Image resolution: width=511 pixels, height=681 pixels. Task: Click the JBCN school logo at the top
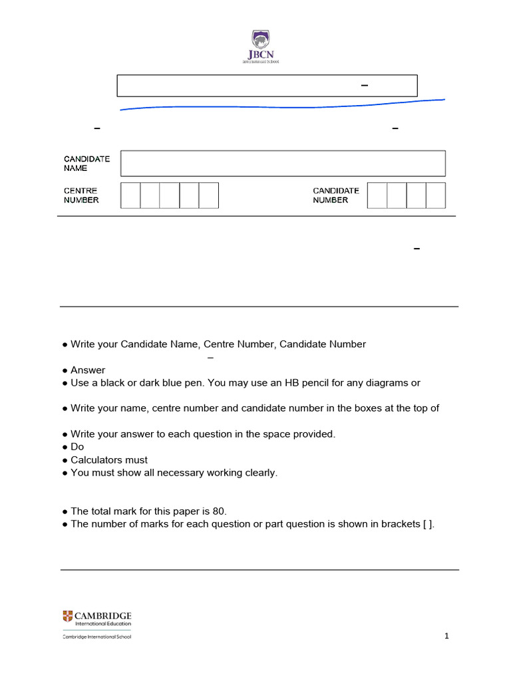[x=260, y=47]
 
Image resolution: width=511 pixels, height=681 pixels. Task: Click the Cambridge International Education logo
[x=97, y=618]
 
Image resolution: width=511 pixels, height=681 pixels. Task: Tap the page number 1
[x=447, y=636]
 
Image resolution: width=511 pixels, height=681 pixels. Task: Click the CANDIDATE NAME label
[x=86, y=164]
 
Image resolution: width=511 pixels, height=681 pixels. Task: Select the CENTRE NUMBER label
[x=81, y=196]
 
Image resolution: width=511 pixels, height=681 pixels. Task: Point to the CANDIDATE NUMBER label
[x=336, y=196]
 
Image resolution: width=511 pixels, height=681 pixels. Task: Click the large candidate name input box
[x=283, y=164]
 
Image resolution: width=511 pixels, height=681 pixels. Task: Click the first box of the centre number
[x=130, y=196]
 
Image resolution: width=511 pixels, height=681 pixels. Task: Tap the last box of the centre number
[x=209, y=196]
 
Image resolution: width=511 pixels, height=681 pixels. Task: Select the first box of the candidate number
[x=377, y=196]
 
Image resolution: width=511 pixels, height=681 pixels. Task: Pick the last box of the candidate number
[x=436, y=196]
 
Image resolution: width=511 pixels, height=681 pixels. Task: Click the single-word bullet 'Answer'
[x=88, y=370]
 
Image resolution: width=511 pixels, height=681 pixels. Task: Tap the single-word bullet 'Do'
[x=77, y=447]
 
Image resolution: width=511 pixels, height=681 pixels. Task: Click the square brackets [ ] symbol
[x=428, y=524]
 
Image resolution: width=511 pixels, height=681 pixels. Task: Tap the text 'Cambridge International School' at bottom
[x=97, y=636]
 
